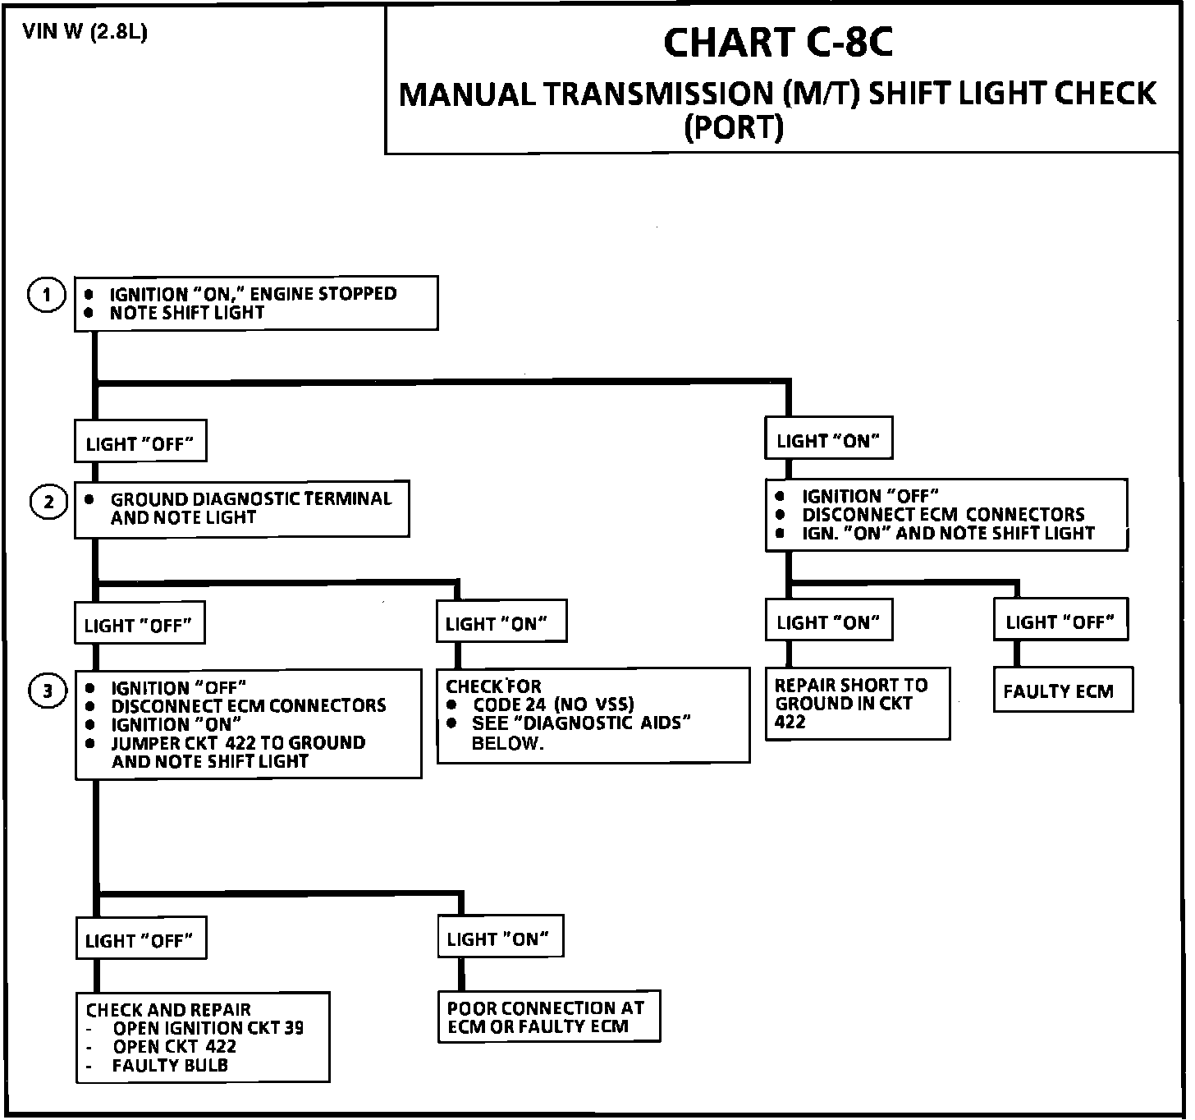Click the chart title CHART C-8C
(x=777, y=43)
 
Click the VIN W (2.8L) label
(x=85, y=32)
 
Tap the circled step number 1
(x=47, y=295)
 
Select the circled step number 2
(x=48, y=502)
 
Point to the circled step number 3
(x=48, y=691)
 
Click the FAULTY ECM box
(x=1062, y=690)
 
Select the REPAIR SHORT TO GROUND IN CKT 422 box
(x=857, y=704)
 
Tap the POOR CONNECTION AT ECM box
(x=548, y=1017)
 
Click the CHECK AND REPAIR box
(x=203, y=1037)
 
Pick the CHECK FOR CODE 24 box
(x=593, y=714)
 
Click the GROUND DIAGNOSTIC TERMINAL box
(x=241, y=509)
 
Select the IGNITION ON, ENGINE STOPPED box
(x=256, y=303)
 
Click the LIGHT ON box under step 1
(x=828, y=441)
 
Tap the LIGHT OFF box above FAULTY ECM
(x=1060, y=622)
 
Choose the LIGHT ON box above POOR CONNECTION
(x=500, y=938)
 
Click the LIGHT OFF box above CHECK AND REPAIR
(x=140, y=940)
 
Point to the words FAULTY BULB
(x=170, y=1066)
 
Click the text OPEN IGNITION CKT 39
(x=208, y=1028)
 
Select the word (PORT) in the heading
(x=734, y=127)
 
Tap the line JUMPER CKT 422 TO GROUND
(x=238, y=743)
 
